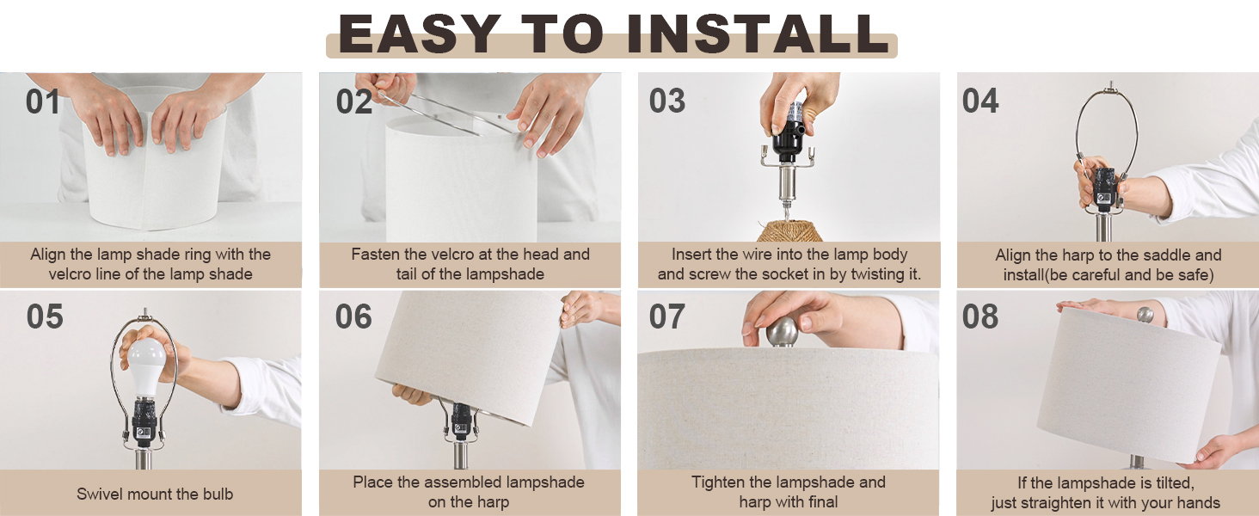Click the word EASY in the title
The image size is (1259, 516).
pos(420,34)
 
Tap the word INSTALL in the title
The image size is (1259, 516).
pos(758,34)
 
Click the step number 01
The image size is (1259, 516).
pos(43,101)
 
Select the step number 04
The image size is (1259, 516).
pos(980,101)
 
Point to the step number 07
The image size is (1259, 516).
pos(667,316)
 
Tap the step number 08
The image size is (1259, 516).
pos(980,316)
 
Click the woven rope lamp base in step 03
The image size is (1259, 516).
pos(786,230)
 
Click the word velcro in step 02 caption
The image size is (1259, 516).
pos(444,254)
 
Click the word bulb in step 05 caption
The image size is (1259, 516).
pos(218,494)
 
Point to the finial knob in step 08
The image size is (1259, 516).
pos(1145,315)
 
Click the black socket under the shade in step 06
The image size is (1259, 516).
pos(461,421)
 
